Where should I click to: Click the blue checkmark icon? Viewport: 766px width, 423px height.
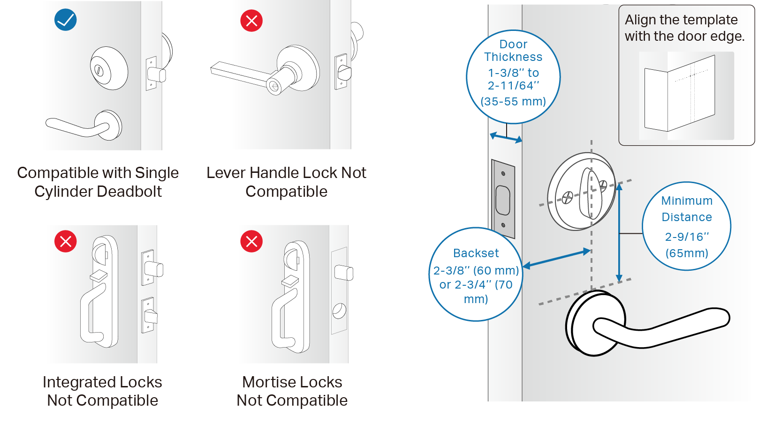point(66,20)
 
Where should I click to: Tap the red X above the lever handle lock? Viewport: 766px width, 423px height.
point(251,21)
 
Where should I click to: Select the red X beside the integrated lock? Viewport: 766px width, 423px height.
point(66,241)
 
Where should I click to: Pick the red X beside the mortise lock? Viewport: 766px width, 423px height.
point(251,241)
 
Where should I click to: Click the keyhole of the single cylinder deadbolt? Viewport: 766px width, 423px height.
point(99,71)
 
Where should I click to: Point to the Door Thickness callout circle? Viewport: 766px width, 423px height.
point(513,76)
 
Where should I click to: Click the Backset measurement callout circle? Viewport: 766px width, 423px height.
point(476,275)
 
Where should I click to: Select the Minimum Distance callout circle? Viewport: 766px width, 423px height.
point(686,226)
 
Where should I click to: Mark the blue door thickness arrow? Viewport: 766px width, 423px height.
point(506,138)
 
